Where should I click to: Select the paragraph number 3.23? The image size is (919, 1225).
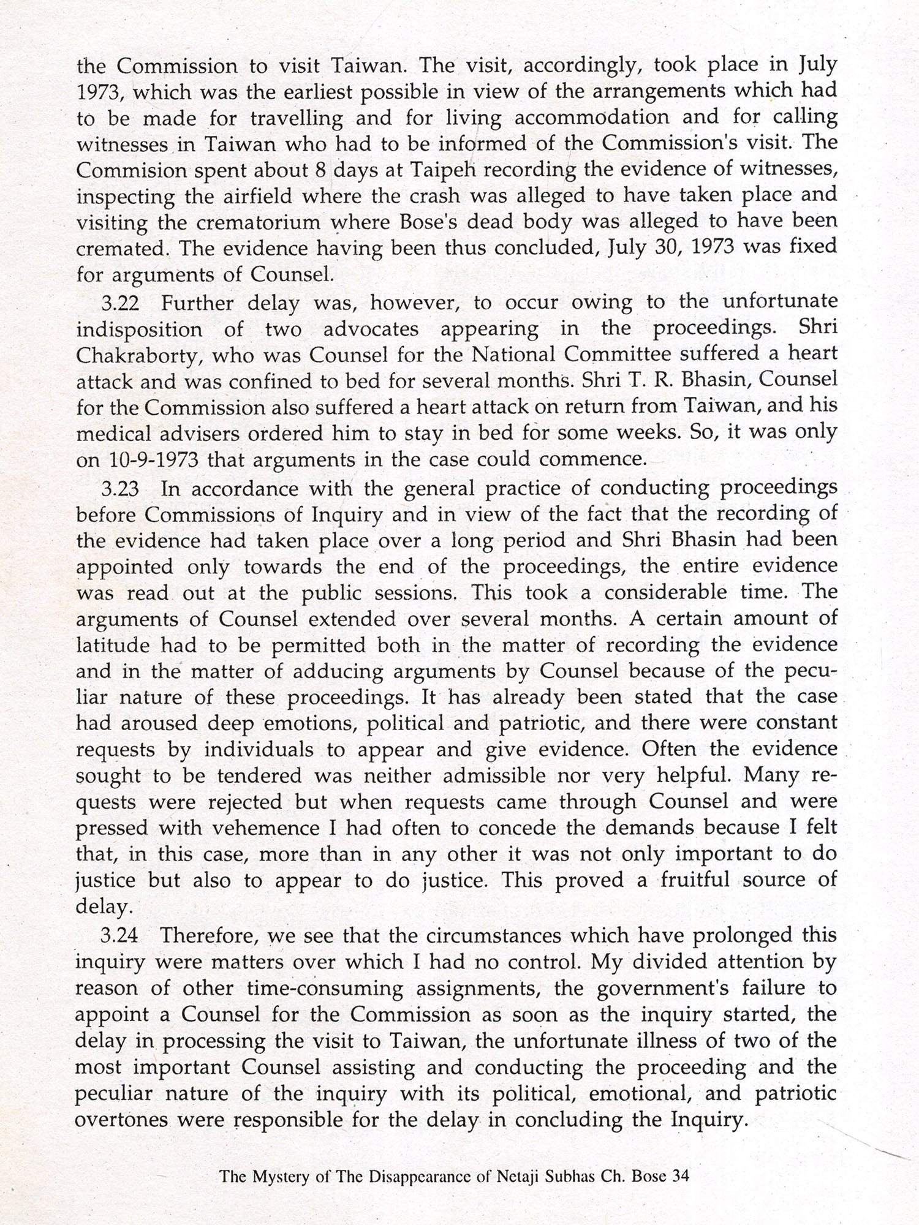[121, 489]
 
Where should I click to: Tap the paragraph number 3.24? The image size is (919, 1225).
[121, 935]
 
